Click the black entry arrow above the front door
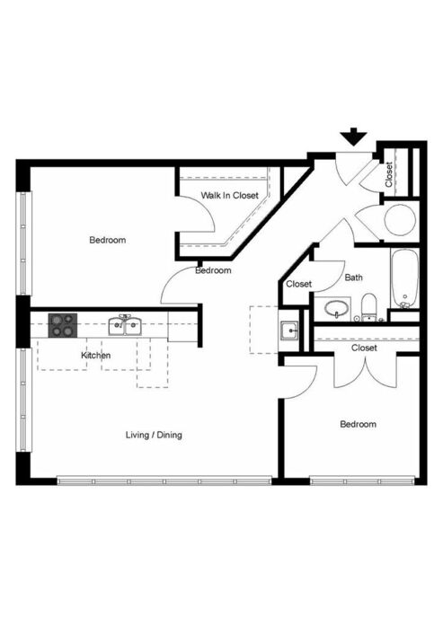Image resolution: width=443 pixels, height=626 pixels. [x=353, y=137]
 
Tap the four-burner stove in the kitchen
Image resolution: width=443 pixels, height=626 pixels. [x=63, y=325]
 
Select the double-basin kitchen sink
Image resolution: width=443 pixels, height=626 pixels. [x=125, y=325]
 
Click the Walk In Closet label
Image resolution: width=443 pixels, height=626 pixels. [x=230, y=196]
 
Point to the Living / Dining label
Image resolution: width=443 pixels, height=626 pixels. [x=154, y=435]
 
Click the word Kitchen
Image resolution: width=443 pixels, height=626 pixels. [x=96, y=356]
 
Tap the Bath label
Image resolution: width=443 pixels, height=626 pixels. [x=353, y=277]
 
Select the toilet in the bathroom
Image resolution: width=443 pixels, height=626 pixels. [x=368, y=307]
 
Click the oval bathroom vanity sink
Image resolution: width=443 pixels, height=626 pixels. [x=336, y=309]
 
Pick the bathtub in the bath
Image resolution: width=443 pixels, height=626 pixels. [x=404, y=278]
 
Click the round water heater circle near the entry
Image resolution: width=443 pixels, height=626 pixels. [x=400, y=219]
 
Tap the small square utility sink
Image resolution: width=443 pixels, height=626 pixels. [x=289, y=331]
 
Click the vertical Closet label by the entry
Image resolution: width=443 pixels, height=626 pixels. [x=389, y=174]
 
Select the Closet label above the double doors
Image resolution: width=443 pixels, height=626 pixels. [x=364, y=348]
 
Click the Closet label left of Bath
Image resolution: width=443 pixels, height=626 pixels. [x=299, y=284]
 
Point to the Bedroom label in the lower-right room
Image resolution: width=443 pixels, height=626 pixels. [x=358, y=424]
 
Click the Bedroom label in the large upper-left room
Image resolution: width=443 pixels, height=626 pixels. [x=108, y=240]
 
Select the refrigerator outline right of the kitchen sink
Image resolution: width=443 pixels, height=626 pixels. [x=183, y=327]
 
